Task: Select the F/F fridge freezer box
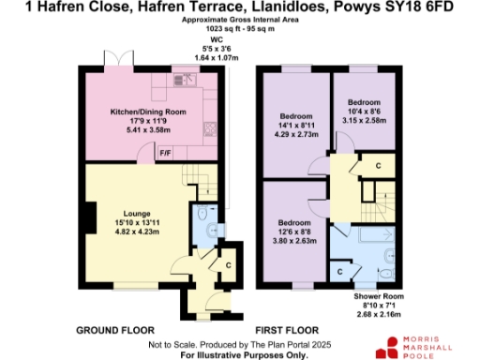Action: coord(165,153)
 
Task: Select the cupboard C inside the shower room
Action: coord(340,272)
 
